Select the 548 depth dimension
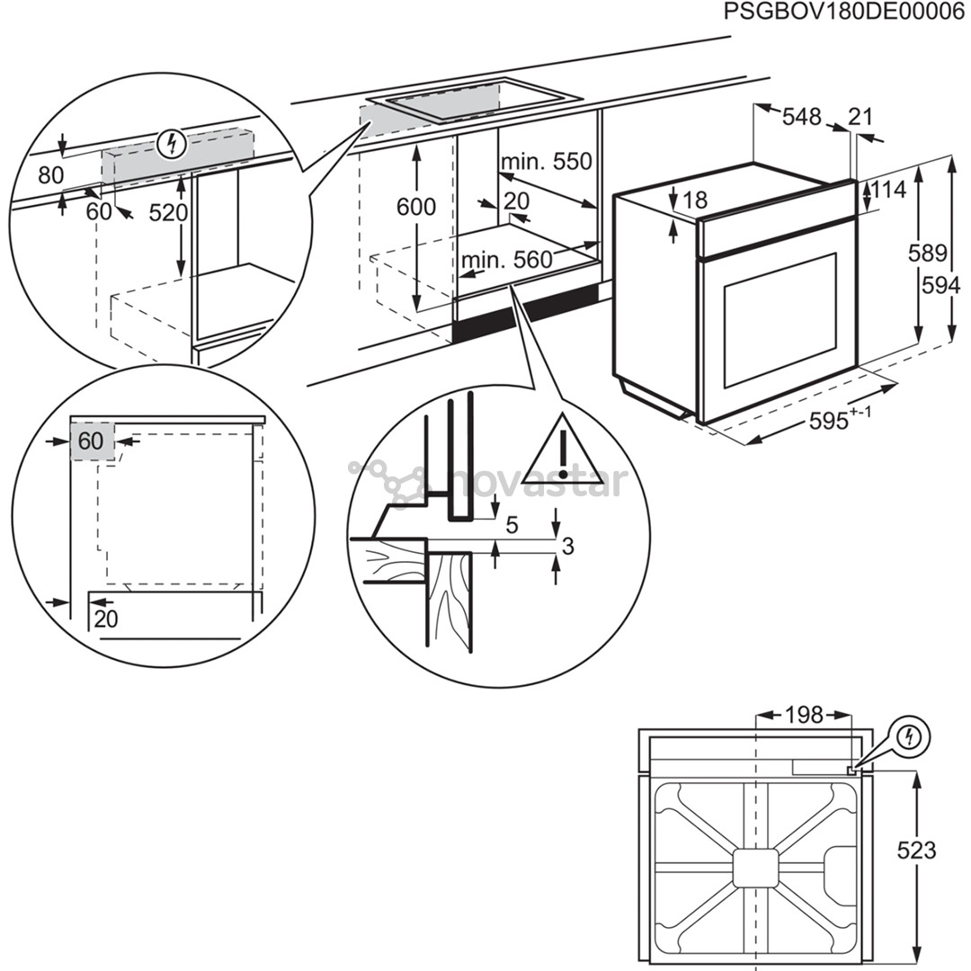click(801, 117)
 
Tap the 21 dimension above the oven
click(860, 117)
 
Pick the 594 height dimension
click(940, 286)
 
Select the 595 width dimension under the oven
click(835, 420)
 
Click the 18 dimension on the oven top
click(695, 200)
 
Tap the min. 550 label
click(547, 162)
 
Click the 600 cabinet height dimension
click(416, 207)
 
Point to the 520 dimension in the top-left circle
click(168, 213)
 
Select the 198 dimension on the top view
click(804, 715)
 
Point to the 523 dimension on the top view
click(917, 850)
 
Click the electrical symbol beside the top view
click(913, 737)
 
